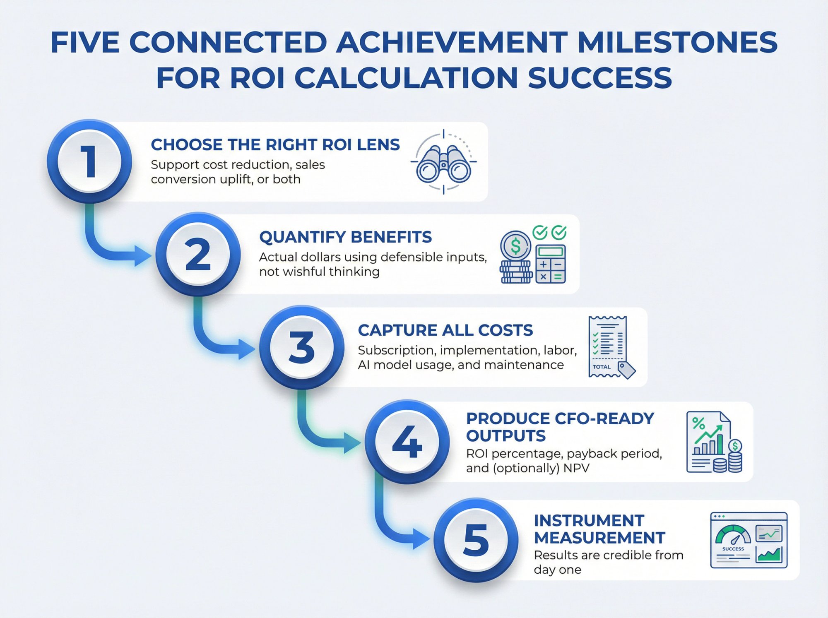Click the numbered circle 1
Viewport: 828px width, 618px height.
(x=89, y=161)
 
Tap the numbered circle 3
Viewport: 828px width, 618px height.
(x=302, y=348)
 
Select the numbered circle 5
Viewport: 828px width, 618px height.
(x=476, y=540)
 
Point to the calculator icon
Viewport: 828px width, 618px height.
(x=551, y=264)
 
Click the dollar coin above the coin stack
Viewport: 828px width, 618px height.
(x=515, y=246)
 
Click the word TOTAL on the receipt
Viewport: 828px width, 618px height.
(x=602, y=367)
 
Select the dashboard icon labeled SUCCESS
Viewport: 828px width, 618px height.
(x=749, y=540)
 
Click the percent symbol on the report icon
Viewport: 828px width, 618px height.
(x=698, y=423)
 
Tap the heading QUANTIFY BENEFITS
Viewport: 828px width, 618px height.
(x=345, y=237)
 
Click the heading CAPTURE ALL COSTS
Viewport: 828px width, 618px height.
(x=445, y=330)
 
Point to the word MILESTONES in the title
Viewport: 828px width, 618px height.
(x=677, y=42)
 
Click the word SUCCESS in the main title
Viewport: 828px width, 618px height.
(x=600, y=78)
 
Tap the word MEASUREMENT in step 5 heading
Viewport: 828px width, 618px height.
(x=599, y=538)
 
